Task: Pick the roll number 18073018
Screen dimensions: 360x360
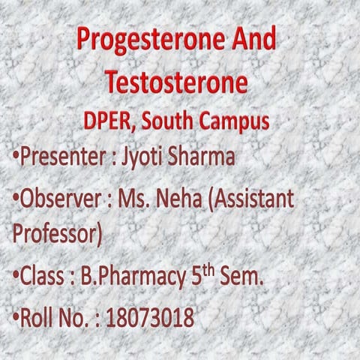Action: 150,318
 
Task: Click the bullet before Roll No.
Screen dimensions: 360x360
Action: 16,318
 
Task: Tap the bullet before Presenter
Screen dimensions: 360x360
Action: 16,159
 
